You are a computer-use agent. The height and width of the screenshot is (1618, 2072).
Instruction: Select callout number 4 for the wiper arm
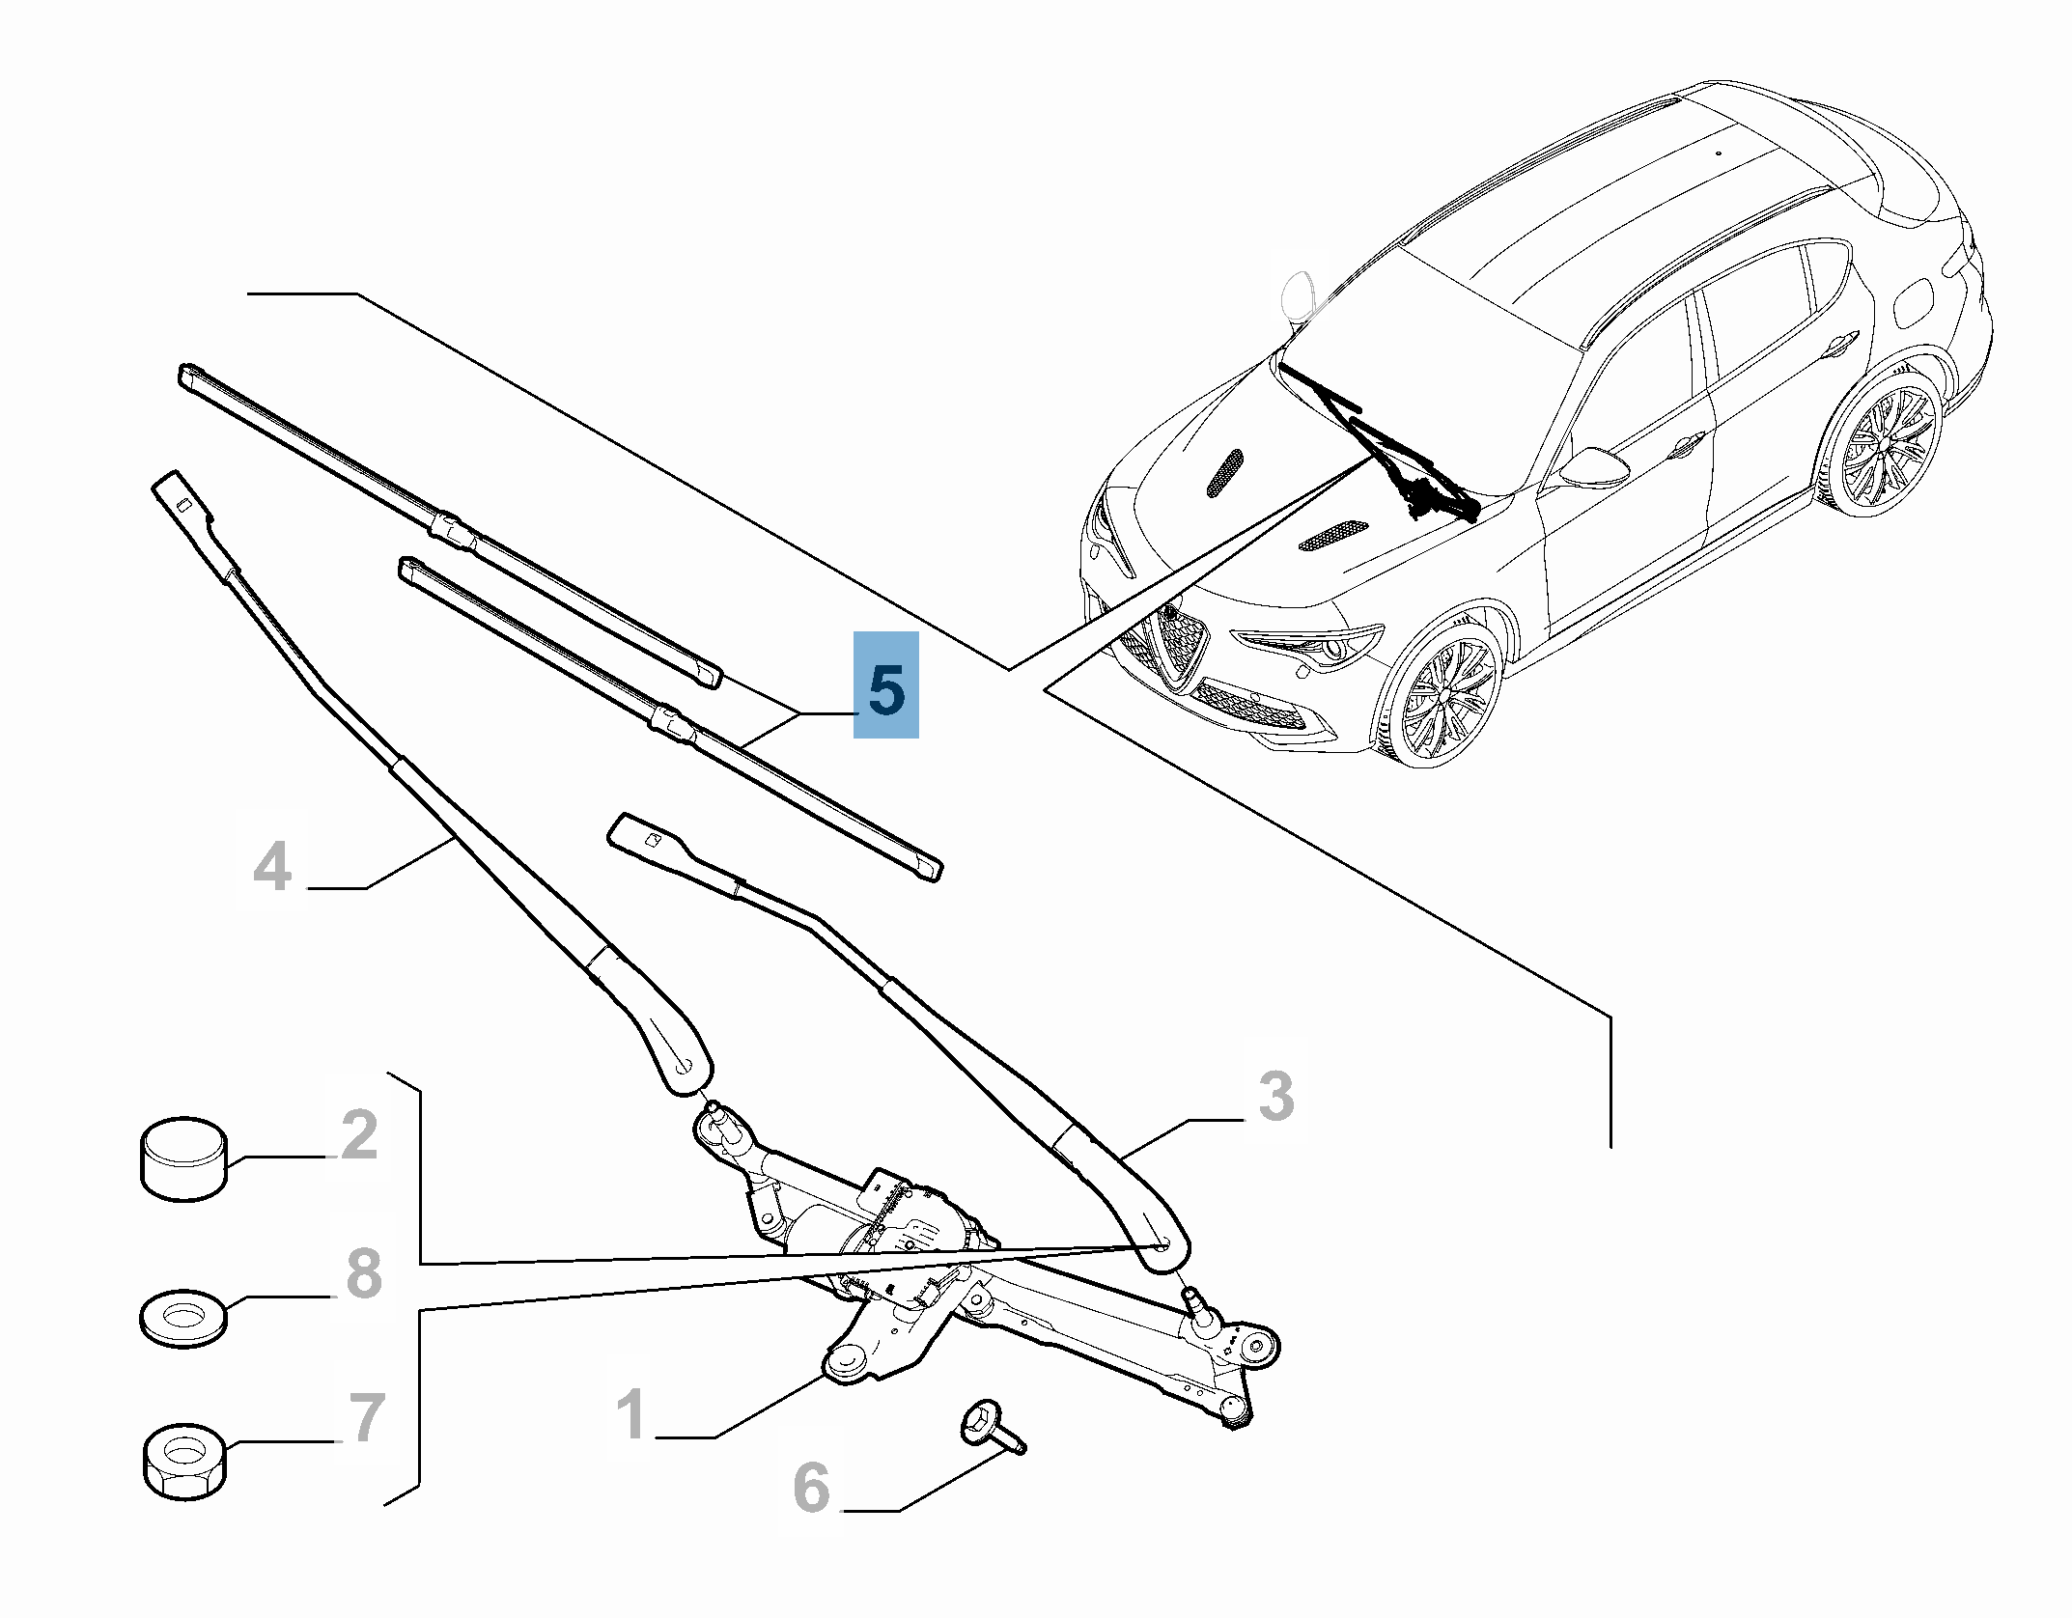pyautogui.click(x=271, y=866)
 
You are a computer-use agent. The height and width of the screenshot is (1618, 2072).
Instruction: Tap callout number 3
pyautogui.click(x=1275, y=1098)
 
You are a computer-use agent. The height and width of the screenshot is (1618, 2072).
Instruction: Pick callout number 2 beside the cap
pyautogui.click(x=359, y=1136)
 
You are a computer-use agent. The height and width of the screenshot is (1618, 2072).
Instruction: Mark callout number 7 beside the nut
pyautogui.click(x=364, y=1418)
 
